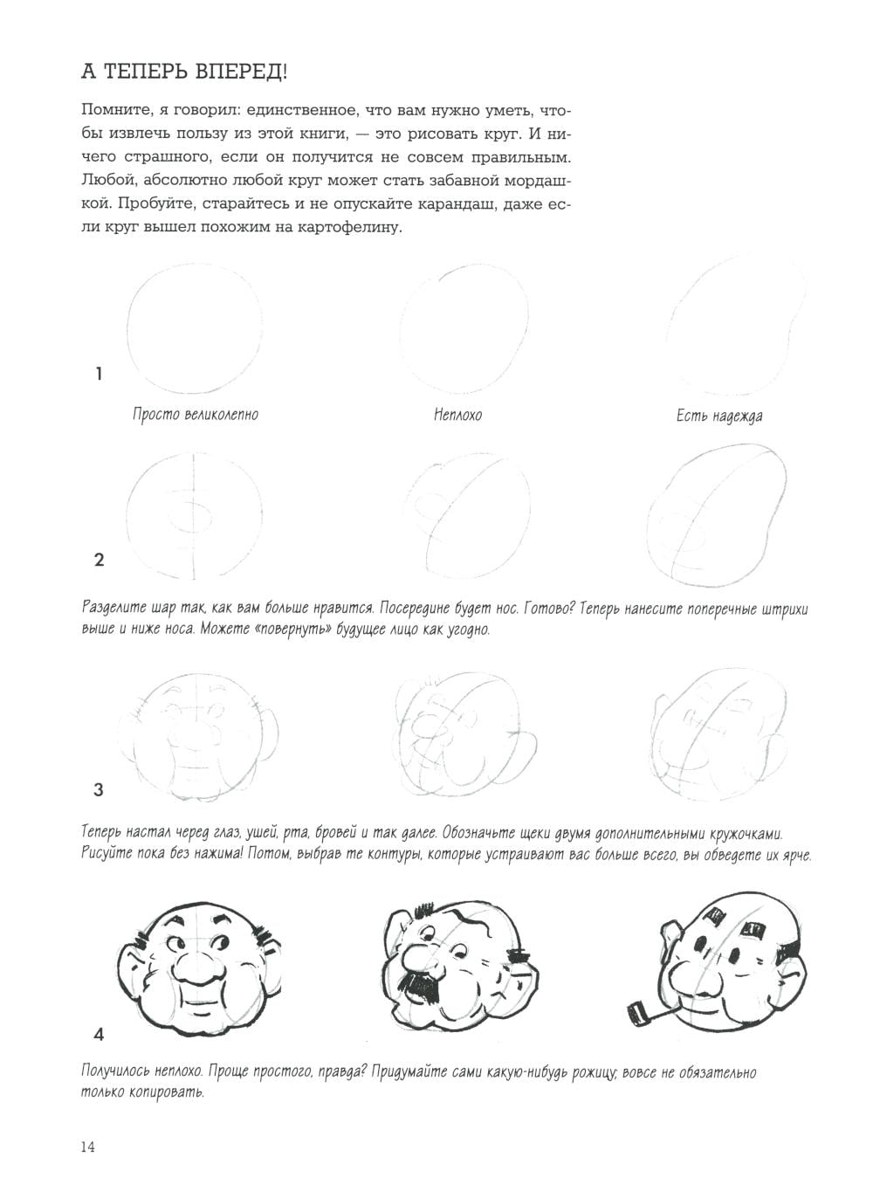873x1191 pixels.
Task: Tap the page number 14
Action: [87, 1146]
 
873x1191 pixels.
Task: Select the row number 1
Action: [99, 374]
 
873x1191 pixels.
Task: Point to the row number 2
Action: [99, 560]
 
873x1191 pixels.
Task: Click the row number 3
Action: [99, 790]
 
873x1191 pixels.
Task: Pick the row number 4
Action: [99, 1035]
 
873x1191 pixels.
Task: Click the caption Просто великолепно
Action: [196, 415]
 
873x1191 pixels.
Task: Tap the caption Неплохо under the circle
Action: [457, 416]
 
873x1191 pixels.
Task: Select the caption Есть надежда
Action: [719, 417]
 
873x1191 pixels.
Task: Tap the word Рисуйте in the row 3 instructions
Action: [109, 854]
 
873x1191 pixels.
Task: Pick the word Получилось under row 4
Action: [119, 1072]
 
